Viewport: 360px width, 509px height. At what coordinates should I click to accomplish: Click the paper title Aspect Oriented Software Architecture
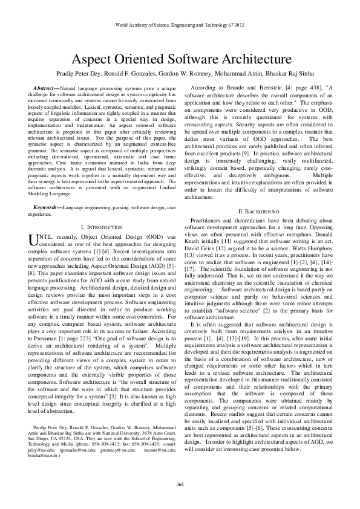point(180,60)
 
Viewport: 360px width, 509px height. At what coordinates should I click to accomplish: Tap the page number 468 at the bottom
point(180,484)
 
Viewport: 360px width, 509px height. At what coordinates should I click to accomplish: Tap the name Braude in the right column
point(232,89)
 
